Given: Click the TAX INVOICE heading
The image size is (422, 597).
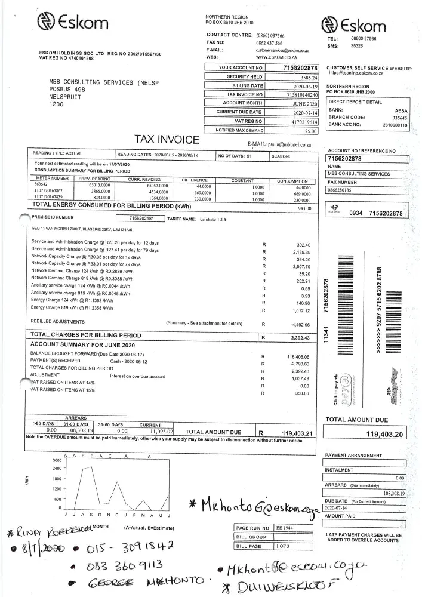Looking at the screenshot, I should pyautogui.click(x=167, y=140).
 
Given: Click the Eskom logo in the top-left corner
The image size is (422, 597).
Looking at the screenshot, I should pyautogui.click(x=72, y=23).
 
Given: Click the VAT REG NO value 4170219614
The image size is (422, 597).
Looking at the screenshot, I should pyautogui.click(x=302, y=121).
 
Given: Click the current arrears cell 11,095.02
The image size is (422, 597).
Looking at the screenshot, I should pyautogui.click(x=157, y=430).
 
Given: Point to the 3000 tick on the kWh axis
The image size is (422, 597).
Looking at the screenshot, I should pyautogui.click(x=41, y=460).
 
